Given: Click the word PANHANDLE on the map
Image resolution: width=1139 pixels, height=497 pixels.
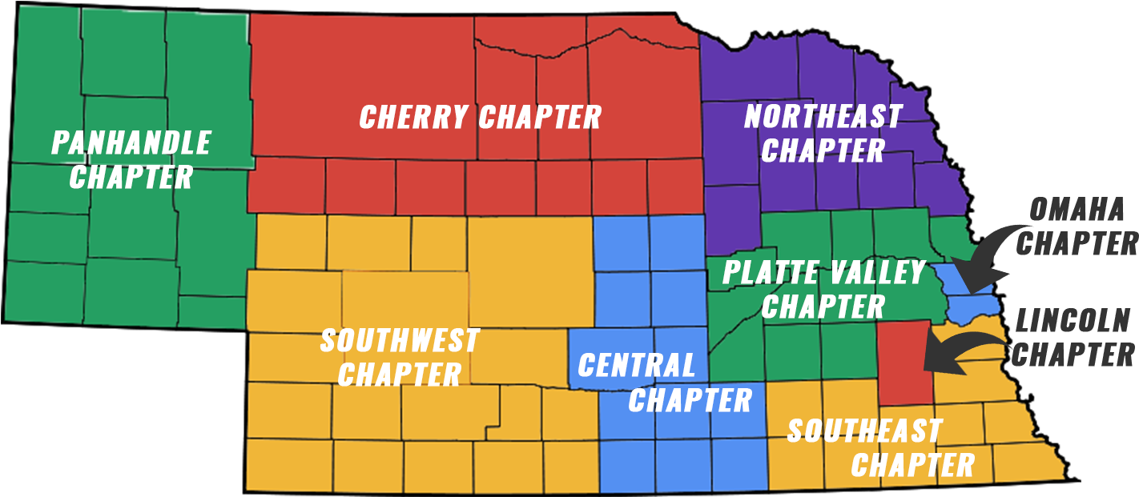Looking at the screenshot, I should pyautogui.click(x=131, y=142).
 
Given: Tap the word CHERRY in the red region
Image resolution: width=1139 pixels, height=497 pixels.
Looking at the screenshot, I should pyautogui.click(x=413, y=117).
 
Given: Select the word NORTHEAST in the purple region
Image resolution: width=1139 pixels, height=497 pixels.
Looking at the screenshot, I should pyautogui.click(x=823, y=117).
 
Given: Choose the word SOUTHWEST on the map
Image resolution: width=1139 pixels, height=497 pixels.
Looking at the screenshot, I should pyautogui.click(x=400, y=340).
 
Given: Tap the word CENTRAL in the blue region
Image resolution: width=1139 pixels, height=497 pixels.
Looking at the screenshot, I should pyautogui.click(x=637, y=366).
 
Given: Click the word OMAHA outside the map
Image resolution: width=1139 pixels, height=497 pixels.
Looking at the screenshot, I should pyautogui.click(x=1077, y=210).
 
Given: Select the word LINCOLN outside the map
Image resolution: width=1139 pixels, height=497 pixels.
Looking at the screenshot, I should pyautogui.click(x=1073, y=322).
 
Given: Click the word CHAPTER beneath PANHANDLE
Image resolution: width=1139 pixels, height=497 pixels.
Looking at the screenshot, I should pyautogui.click(x=131, y=177).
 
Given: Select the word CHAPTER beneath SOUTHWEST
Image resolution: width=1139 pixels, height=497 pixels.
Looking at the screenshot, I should pyautogui.click(x=400, y=374).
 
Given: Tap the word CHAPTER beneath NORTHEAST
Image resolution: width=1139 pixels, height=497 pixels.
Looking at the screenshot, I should pyautogui.click(x=823, y=150).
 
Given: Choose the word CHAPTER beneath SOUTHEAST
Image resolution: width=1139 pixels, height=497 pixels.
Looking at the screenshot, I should pyautogui.click(x=912, y=465).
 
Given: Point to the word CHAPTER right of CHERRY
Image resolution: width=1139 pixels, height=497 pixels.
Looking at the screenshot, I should pyautogui.click(x=540, y=117).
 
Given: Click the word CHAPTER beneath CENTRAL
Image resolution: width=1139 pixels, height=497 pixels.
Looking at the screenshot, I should pyautogui.click(x=690, y=399).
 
